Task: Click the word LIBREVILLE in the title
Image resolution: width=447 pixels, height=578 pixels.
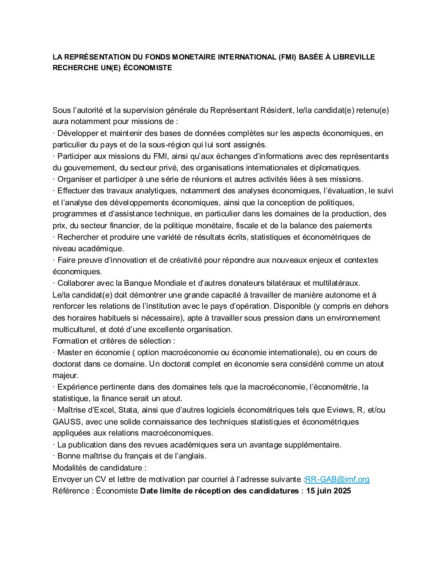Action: [x=353, y=57]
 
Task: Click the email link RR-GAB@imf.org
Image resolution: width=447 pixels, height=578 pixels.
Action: [x=337, y=479]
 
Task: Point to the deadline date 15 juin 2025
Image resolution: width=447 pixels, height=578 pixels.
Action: [x=328, y=491]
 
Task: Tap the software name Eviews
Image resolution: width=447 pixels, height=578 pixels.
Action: [x=340, y=410]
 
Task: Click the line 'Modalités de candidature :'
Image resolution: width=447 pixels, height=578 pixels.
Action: [x=99, y=468]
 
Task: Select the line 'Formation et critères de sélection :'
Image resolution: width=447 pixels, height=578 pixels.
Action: [x=114, y=341]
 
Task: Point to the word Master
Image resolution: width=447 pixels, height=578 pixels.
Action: [x=70, y=352]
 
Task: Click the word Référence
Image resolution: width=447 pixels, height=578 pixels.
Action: [x=70, y=491]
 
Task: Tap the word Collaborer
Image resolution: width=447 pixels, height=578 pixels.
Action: [x=76, y=283]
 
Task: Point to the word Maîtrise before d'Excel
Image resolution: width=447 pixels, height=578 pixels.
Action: [x=72, y=410]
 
